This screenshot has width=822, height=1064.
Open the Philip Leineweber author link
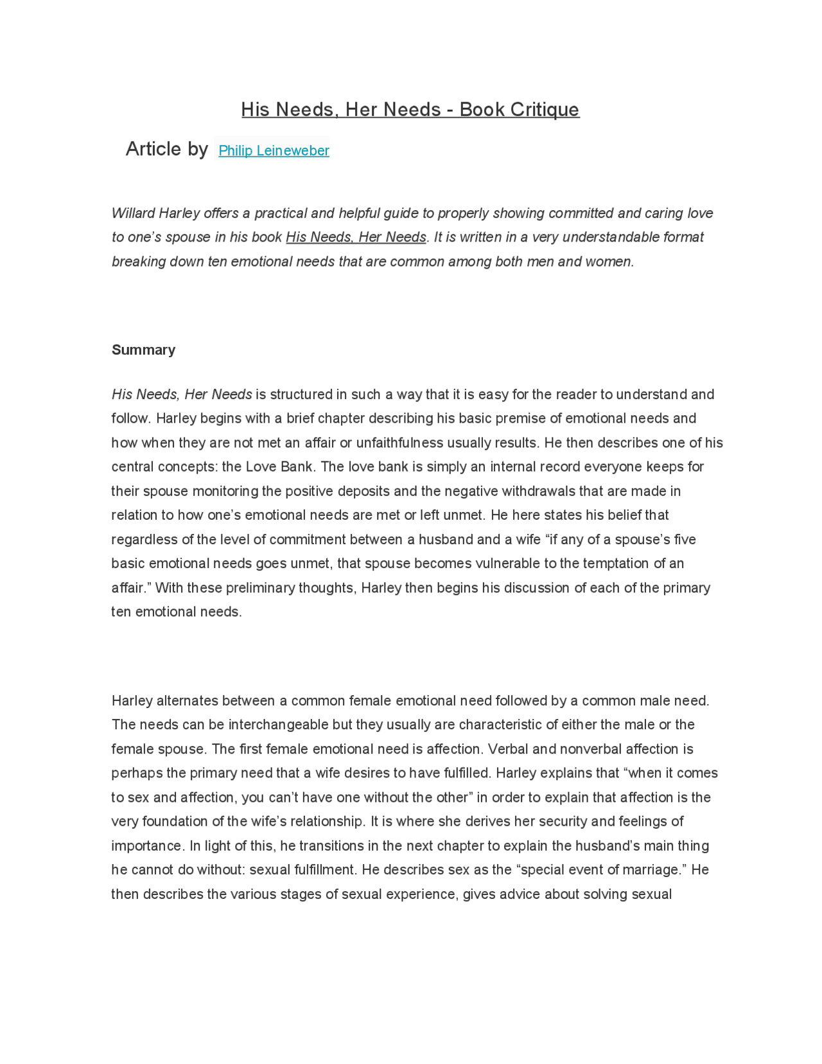pos(274,150)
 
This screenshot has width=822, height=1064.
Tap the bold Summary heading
pos(143,350)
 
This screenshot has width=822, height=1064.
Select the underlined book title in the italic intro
pos(356,237)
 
